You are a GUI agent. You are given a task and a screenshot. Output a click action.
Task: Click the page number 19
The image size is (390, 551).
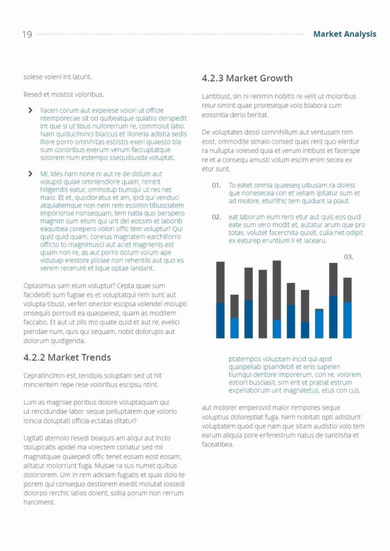pos(27,35)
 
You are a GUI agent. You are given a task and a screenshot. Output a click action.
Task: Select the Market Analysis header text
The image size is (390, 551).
pos(345,34)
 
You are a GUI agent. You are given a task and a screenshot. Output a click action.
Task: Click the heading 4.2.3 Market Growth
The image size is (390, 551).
pos(247,78)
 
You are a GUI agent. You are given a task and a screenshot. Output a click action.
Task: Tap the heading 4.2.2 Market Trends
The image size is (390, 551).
pos(67,357)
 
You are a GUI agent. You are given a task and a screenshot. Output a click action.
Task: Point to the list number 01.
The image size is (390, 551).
pos(216,185)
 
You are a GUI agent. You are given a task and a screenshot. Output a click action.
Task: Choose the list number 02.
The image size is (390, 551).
pos(216,217)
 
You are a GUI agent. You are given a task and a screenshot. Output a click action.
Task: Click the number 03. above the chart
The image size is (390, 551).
pos(348,257)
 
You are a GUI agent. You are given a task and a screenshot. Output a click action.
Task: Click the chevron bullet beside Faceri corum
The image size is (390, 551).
pos(30,110)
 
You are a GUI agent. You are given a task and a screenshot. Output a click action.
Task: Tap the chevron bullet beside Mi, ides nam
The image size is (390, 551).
pos(30,174)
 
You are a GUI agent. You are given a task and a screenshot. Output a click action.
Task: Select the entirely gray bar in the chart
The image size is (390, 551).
pos(263,304)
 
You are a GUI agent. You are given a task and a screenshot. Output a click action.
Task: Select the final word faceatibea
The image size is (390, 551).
pos(218,444)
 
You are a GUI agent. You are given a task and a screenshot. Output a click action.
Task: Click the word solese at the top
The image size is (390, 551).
pos(32,76)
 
